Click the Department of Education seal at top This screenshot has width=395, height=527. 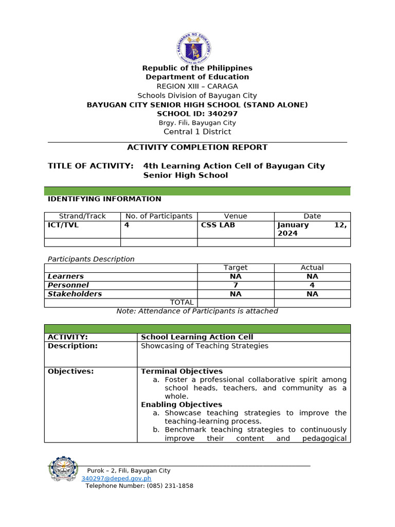(x=193, y=47)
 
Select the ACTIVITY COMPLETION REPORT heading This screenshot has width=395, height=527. (x=197, y=147)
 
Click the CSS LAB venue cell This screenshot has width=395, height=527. (x=218, y=225)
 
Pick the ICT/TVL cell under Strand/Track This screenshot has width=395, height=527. (x=63, y=225)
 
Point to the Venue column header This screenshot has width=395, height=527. (x=236, y=216)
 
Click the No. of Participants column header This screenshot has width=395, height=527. (x=159, y=216)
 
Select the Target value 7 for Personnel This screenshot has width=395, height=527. (x=236, y=285)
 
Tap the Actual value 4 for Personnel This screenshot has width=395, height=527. (x=312, y=285)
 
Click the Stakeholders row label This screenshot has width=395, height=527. (x=75, y=294)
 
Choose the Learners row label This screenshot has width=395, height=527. (x=65, y=276)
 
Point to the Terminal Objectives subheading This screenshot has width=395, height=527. (x=182, y=371)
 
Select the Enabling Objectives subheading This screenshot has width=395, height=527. (x=182, y=405)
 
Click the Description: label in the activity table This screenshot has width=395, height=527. (x=73, y=346)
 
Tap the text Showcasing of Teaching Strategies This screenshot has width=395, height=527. (x=205, y=346)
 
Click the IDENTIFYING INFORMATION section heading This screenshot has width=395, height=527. (x=104, y=199)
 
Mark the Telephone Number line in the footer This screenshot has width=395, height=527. (x=139, y=486)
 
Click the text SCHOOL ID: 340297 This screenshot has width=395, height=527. (x=197, y=114)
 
